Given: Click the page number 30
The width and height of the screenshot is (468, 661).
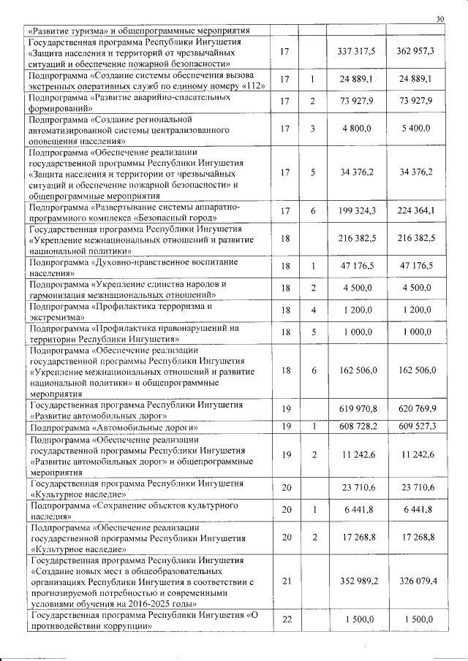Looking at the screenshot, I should coord(439,19).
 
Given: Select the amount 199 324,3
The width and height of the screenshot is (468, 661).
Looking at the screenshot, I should coord(356,212).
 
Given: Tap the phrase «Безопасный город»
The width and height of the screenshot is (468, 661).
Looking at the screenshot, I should coord(183,218).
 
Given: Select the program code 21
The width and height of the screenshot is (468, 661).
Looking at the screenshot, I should coord(286,581).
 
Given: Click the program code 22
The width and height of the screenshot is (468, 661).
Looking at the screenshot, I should coord(286,620).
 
